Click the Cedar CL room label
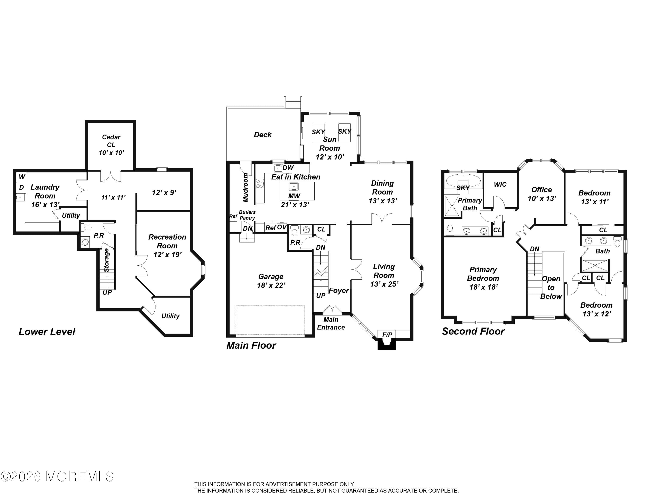[x=111, y=141]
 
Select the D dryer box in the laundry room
[x=21, y=188]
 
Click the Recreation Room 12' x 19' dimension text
[x=167, y=254]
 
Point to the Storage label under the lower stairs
[x=106, y=260]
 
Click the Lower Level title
[x=47, y=332]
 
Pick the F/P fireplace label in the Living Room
[x=387, y=335]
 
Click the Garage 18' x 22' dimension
[x=271, y=285]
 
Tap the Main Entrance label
[x=331, y=323]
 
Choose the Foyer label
[x=339, y=291]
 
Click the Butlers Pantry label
[x=247, y=215]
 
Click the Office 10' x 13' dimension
[x=542, y=198]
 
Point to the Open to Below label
[x=551, y=287]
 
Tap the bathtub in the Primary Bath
[x=463, y=180]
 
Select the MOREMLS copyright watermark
[x=57, y=477]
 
